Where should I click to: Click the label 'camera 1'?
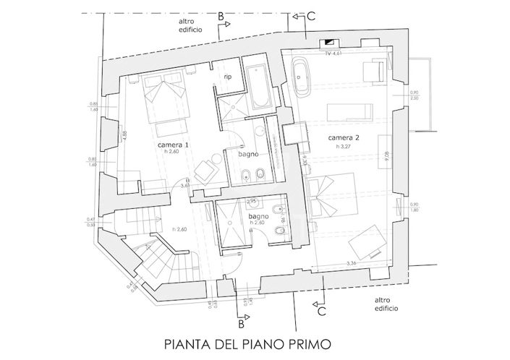[173, 145]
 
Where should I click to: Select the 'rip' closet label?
[226, 77]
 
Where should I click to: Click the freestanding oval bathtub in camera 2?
[302, 77]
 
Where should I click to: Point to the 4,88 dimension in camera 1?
[125, 134]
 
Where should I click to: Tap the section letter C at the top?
[311, 15]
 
